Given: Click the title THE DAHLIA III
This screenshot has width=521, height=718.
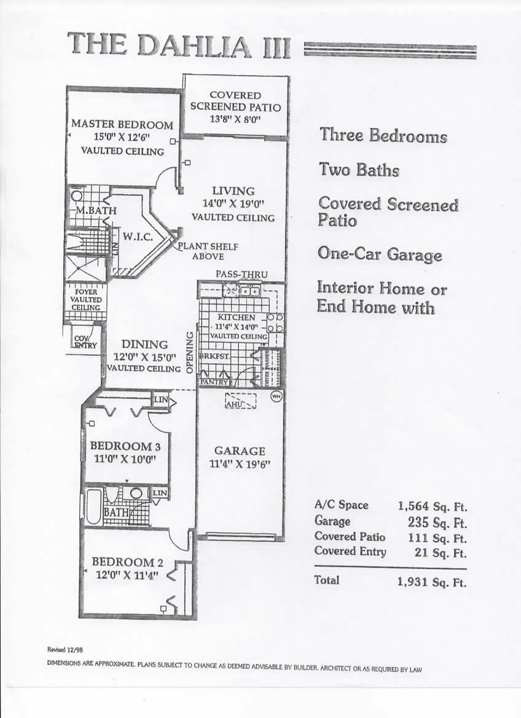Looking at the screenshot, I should click(179, 46).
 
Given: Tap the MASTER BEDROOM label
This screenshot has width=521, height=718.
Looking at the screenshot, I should click(122, 124).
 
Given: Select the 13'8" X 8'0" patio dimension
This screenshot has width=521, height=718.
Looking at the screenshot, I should click(235, 119).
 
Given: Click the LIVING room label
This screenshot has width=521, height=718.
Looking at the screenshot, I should click(233, 191).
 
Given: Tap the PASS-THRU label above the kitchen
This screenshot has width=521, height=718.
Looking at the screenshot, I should click(241, 274).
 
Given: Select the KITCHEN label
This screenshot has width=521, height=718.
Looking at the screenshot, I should click(237, 317).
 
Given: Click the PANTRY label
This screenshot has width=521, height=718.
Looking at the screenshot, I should click(213, 382).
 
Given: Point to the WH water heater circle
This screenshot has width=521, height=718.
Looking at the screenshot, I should click(276, 396).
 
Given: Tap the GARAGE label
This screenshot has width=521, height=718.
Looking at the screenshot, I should click(240, 451).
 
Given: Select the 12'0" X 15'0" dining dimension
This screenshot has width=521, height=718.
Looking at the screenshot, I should click(144, 357).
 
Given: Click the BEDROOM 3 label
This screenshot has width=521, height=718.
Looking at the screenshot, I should click(121, 446).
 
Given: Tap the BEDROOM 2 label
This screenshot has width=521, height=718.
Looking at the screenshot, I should click(123, 562).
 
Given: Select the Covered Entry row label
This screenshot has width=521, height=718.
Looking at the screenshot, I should click(350, 551).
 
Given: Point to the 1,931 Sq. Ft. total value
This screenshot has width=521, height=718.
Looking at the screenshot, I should click(432, 582).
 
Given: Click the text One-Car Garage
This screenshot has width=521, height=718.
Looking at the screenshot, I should click(380, 254).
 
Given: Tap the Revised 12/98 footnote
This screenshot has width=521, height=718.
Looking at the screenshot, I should click(65, 650).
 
